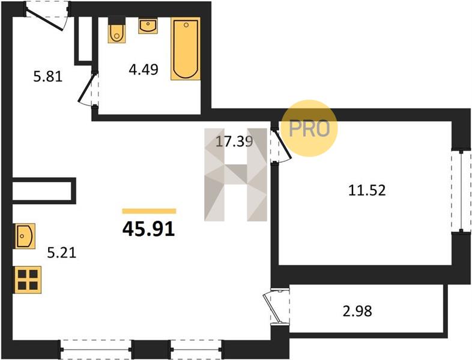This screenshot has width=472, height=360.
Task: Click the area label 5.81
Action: pos(48,77)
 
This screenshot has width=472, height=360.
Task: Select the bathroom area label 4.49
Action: pos(144,70)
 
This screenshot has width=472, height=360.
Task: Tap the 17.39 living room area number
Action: pos(234,142)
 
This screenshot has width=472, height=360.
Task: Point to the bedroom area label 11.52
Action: pos(367,190)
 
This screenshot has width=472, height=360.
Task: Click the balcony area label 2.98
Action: pos(357,311)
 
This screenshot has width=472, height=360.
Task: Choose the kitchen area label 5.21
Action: pos(62,253)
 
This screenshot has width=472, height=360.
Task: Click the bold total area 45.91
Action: pos(149,230)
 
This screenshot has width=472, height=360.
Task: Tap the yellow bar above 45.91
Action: pos(149,211)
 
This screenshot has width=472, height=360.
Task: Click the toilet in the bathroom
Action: pos(116,30)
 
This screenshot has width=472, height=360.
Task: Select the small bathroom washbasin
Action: pos(148,25)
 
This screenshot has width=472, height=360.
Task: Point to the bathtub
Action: pos(186,49)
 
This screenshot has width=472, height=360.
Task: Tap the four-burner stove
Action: pos(27,280)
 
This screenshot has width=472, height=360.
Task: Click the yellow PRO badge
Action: pos(309,128)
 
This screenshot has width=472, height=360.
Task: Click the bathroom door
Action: pos(87,88)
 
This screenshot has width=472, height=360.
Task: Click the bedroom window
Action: pos(461,191)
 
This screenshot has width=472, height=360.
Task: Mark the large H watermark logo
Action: pos(235,175)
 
